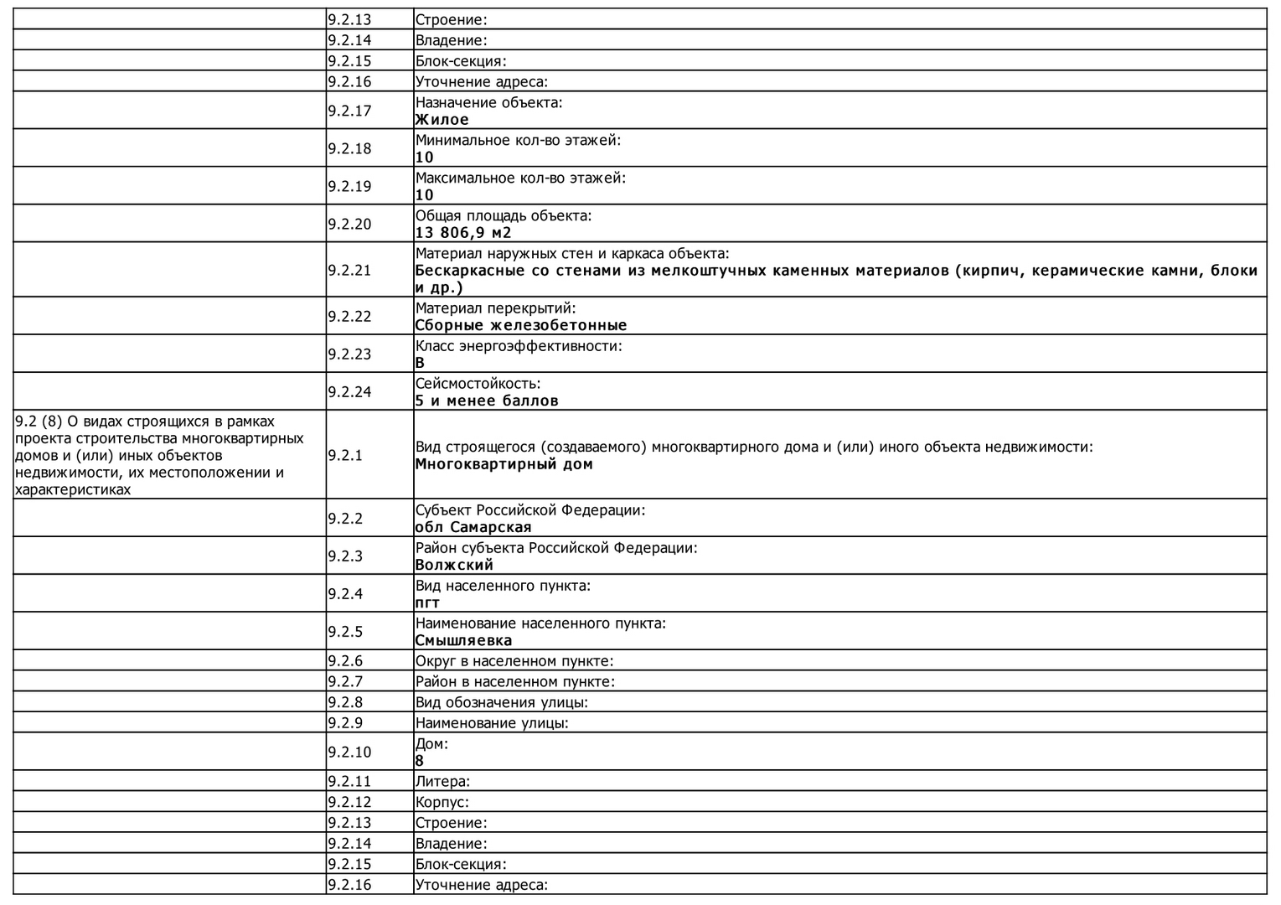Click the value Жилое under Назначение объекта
[x=442, y=120]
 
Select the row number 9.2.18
[x=349, y=148]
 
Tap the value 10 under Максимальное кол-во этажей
[x=425, y=195]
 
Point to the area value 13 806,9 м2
[x=463, y=233]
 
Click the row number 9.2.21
[x=349, y=270]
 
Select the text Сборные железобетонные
[x=521, y=325]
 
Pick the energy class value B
[x=420, y=363]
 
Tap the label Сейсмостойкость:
[x=478, y=384]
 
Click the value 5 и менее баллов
[x=487, y=401]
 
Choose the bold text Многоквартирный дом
[x=504, y=464]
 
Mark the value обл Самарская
[x=473, y=527]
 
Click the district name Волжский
[x=454, y=565]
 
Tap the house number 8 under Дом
[x=420, y=761]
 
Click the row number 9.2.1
[x=345, y=455]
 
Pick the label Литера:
[x=442, y=781]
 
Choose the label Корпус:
[x=442, y=802]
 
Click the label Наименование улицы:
[x=492, y=722]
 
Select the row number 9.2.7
[x=345, y=681]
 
